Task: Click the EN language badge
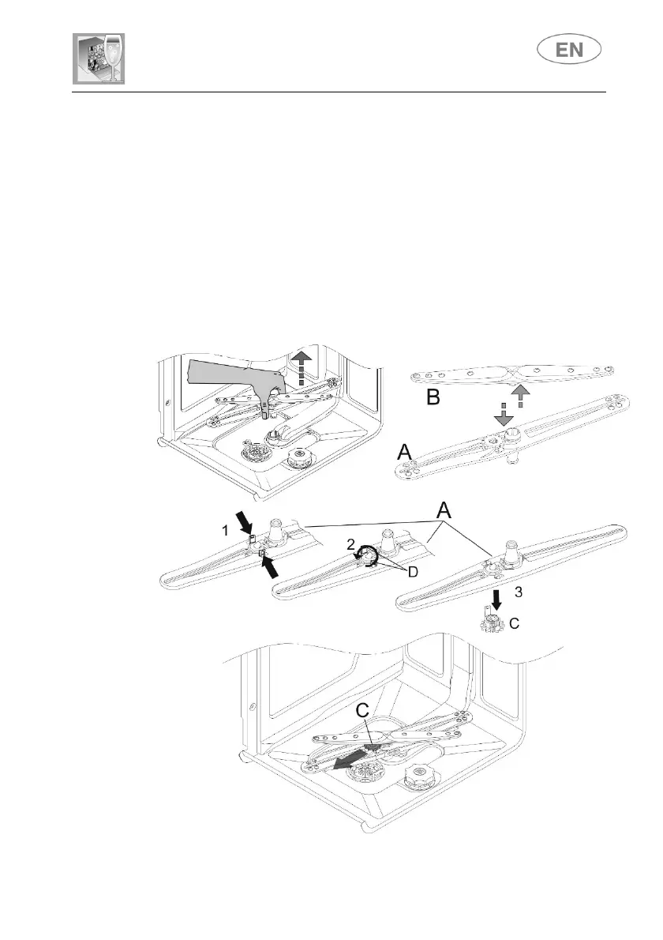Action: pos(568,50)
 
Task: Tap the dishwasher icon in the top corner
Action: pos(99,59)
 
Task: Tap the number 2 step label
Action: pos(350,544)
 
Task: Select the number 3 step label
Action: pos(518,591)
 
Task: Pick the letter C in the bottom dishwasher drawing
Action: pos(363,711)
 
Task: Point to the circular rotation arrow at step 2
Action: pos(368,559)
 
